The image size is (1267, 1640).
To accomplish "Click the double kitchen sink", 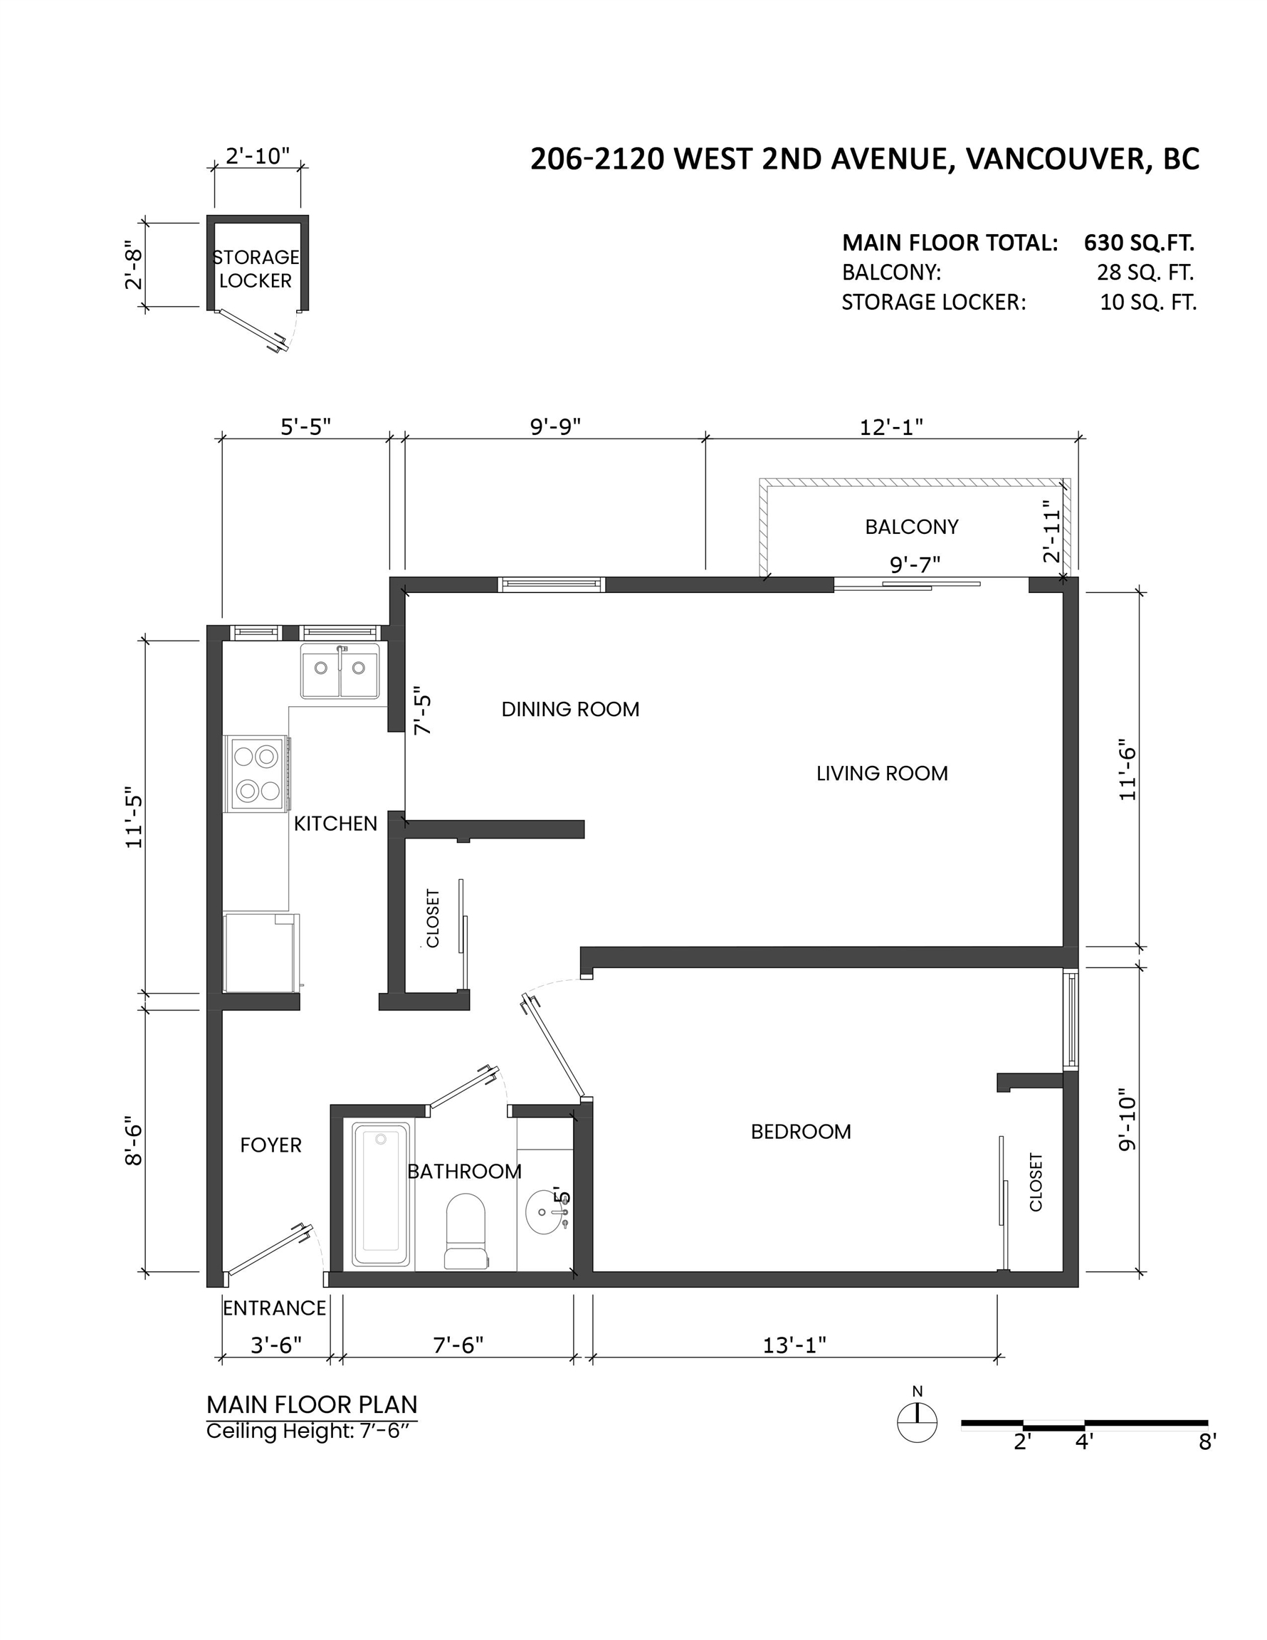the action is point(340,670).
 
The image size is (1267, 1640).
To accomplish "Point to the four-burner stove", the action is point(257,774).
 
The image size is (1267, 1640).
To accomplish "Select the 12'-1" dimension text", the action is point(891,426).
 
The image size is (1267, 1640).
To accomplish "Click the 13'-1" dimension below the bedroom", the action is point(794,1345).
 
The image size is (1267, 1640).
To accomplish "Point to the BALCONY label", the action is point(912,527).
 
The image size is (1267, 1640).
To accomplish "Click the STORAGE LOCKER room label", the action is point(256,269).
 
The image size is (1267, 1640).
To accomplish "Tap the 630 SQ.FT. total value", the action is point(1140,243).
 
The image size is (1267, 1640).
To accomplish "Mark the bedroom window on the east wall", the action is point(1071,1020).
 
